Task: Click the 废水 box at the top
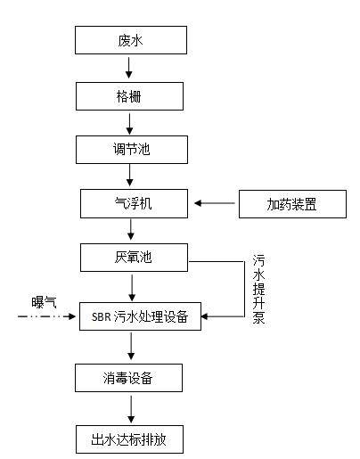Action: click(x=131, y=40)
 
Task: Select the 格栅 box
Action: click(x=129, y=96)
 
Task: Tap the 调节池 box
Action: click(x=132, y=150)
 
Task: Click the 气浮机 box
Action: click(x=134, y=204)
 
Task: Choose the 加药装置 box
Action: click(x=292, y=204)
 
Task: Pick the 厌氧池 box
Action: click(x=134, y=258)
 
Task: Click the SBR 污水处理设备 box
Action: click(x=140, y=316)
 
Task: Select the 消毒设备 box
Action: click(x=128, y=378)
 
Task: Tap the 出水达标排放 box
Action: click(x=129, y=439)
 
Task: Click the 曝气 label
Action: click(x=44, y=302)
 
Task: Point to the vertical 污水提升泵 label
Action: click(x=258, y=290)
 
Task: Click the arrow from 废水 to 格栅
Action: click(x=129, y=68)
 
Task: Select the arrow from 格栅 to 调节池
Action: click(x=129, y=124)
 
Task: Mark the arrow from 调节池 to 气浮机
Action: click(x=130, y=176)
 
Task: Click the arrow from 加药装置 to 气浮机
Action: click(x=215, y=203)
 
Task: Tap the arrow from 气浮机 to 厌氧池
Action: click(x=131, y=229)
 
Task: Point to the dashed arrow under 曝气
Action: click(x=46, y=316)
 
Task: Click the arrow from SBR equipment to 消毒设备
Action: click(x=131, y=346)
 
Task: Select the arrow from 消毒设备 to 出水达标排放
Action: click(x=131, y=409)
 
